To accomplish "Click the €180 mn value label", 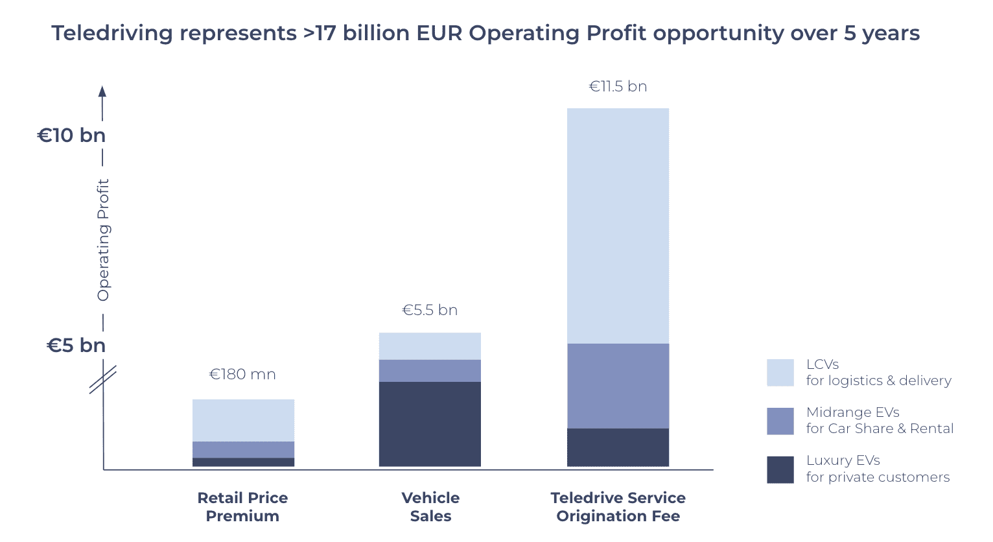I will tap(242, 375).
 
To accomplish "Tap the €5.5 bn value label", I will tap(430, 311).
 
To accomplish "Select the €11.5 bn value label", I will tap(618, 87).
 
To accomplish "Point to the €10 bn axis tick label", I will tap(71, 135).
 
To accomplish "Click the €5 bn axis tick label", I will tap(76, 346).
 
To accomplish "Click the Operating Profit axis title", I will tap(104, 240).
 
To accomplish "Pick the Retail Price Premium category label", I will tap(242, 507).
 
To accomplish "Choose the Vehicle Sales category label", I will tap(430, 507).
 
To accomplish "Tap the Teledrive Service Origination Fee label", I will tap(618, 507).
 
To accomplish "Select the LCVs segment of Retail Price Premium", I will tap(243, 420).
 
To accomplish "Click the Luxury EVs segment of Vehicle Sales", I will tap(430, 424).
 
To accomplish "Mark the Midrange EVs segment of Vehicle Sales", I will tap(430, 371).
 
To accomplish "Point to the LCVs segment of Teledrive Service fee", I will tap(618, 226).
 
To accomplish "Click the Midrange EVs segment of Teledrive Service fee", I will tap(618, 386).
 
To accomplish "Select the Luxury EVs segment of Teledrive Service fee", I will tap(618, 447).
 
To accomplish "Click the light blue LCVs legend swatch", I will tap(780, 373).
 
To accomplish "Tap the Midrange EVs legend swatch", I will tap(780, 421).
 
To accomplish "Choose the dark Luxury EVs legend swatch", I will tap(780, 469).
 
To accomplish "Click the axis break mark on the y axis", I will tap(103, 380).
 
